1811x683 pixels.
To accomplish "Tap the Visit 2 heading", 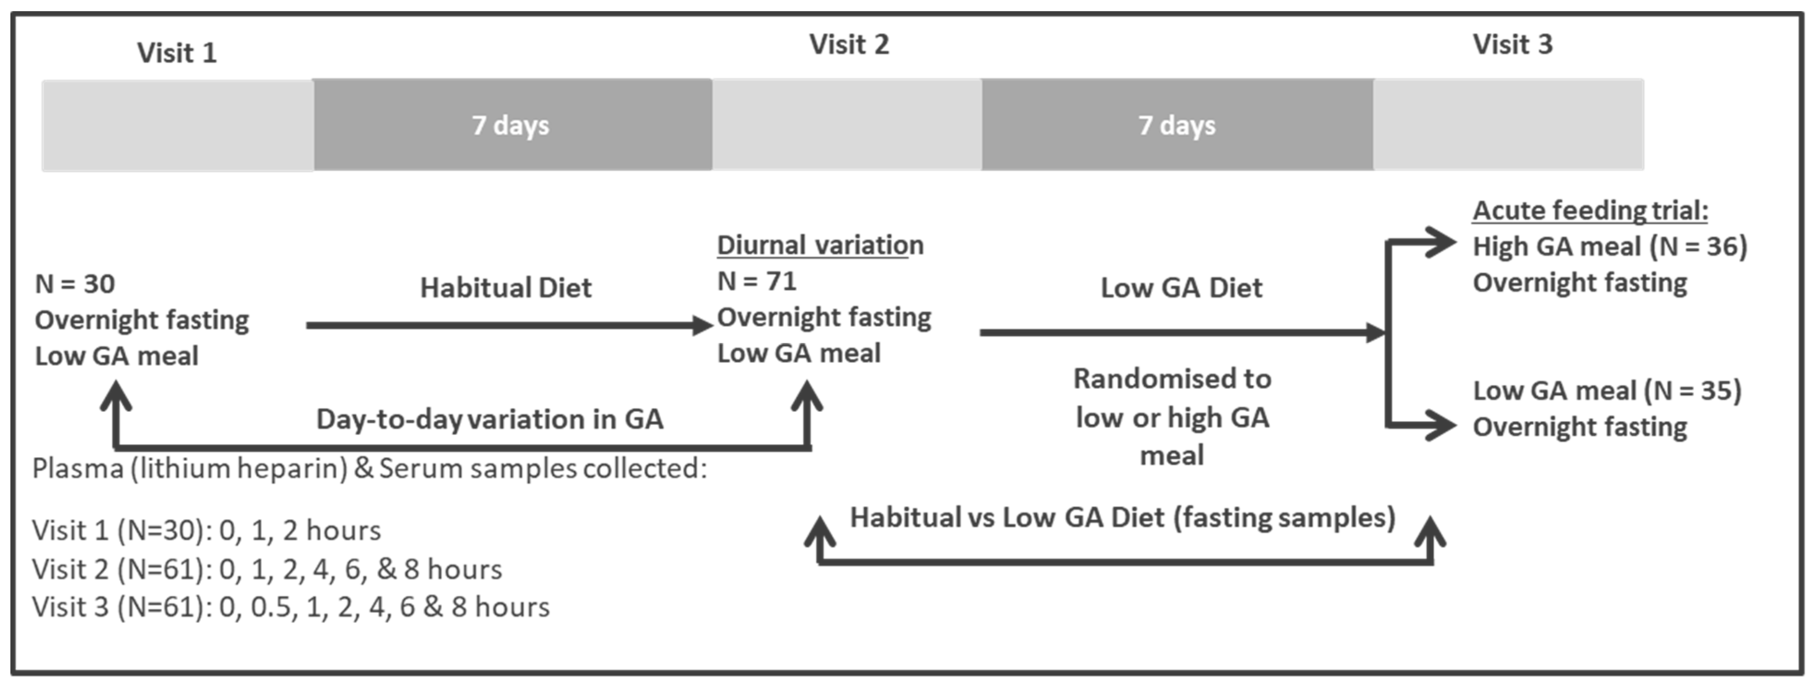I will [x=849, y=45].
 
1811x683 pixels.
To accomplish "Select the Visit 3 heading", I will [x=1512, y=45].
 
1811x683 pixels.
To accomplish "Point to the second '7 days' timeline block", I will [x=1177, y=125].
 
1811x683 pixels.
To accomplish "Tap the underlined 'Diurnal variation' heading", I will [x=820, y=245].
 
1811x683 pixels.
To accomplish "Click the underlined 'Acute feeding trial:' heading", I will [x=1590, y=210].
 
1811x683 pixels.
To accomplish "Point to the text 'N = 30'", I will [x=74, y=284].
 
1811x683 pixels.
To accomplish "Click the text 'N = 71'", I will [x=756, y=281].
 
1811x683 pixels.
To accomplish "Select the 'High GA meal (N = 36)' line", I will [x=1609, y=247].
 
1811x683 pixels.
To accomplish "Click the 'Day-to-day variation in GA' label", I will [x=489, y=419].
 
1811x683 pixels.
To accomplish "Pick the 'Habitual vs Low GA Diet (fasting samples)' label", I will [x=1122, y=518].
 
